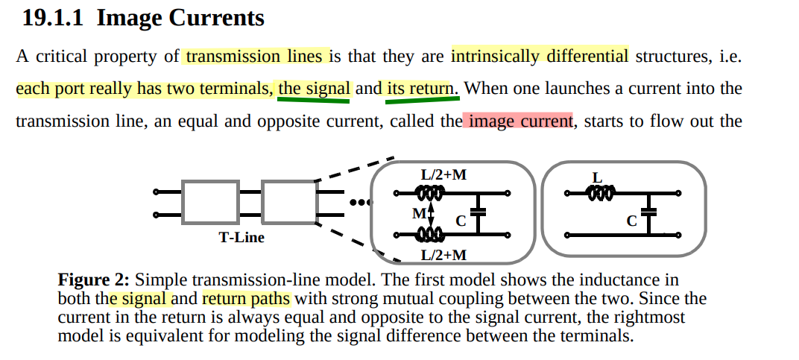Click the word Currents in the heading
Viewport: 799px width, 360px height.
pyautogui.click(x=216, y=17)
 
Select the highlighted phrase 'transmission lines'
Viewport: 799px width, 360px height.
pyautogui.click(x=254, y=56)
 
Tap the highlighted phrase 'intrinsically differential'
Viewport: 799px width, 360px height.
pyautogui.click(x=540, y=56)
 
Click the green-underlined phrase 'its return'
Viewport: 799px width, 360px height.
pyautogui.click(x=420, y=89)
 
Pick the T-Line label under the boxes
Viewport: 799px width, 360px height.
pyautogui.click(x=241, y=238)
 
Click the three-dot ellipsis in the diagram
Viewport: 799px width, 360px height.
pyautogui.click(x=359, y=202)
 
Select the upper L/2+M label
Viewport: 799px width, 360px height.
pyautogui.click(x=443, y=175)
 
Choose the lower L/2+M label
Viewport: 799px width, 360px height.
pyautogui.click(x=443, y=255)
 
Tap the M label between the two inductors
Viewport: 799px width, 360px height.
pyautogui.click(x=418, y=214)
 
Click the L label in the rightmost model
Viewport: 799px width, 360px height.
pyautogui.click(x=596, y=177)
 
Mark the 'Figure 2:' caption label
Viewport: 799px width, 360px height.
pyautogui.click(x=94, y=280)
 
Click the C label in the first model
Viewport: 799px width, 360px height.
pyautogui.click(x=461, y=221)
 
